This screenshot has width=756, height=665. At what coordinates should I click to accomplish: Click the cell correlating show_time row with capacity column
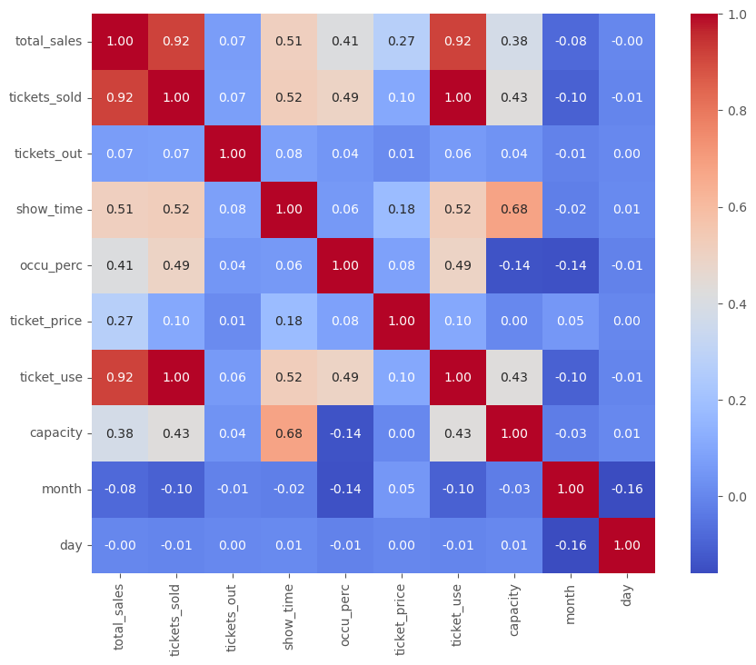click(513, 210)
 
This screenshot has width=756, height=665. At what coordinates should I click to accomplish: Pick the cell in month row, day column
click(626, 490)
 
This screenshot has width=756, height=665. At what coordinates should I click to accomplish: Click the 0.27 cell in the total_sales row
click(401, 42)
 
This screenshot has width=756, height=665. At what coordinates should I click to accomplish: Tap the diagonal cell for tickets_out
click(233, 154)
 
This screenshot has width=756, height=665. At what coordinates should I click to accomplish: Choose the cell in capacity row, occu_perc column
click(345, 433)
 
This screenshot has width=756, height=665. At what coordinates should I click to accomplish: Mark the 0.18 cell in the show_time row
click(401, 210)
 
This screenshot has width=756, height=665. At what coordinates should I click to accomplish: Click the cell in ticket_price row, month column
click(570, 322)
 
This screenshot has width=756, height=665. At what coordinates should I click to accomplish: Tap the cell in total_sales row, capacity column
click(513, 42)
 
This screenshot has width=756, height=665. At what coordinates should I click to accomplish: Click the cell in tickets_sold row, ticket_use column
click(457, 98)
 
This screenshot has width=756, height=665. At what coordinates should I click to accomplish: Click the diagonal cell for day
click(626, 545)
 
